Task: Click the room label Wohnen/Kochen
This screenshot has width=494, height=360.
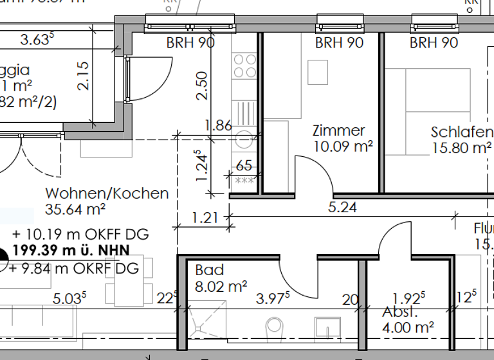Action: [x=107, y=193]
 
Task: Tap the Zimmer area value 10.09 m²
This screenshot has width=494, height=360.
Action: [x=343, y=146]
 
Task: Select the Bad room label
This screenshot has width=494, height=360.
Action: [x=210, y=271]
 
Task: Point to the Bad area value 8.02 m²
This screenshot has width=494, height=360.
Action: [x=221, y=287]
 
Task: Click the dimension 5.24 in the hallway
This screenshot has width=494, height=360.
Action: [x=342, y=208]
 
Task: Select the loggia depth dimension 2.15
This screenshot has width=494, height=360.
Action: [x=83, y=76]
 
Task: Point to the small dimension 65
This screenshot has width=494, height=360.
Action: [x=244, y=166]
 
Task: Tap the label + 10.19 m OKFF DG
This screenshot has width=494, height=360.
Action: [x=75, y=234]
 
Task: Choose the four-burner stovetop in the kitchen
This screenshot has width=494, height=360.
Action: [x=244, y=65]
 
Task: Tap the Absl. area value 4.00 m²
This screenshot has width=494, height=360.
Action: [x=408, y=327]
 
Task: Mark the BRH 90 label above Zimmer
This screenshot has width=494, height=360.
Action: [x=339, y=43]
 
